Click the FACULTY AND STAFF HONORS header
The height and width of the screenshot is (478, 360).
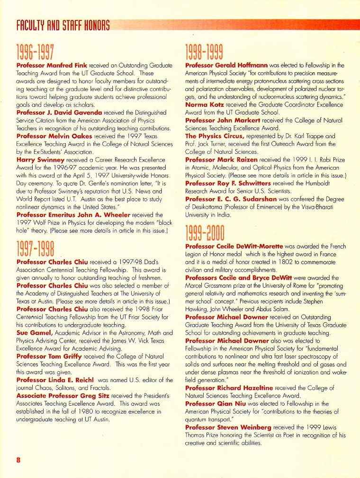tap(63, 25)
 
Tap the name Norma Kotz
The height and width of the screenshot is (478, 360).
tap(205, 104)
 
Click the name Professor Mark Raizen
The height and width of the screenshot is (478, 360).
tap(221, 159)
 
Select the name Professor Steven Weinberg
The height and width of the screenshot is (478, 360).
tap(228, 427)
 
